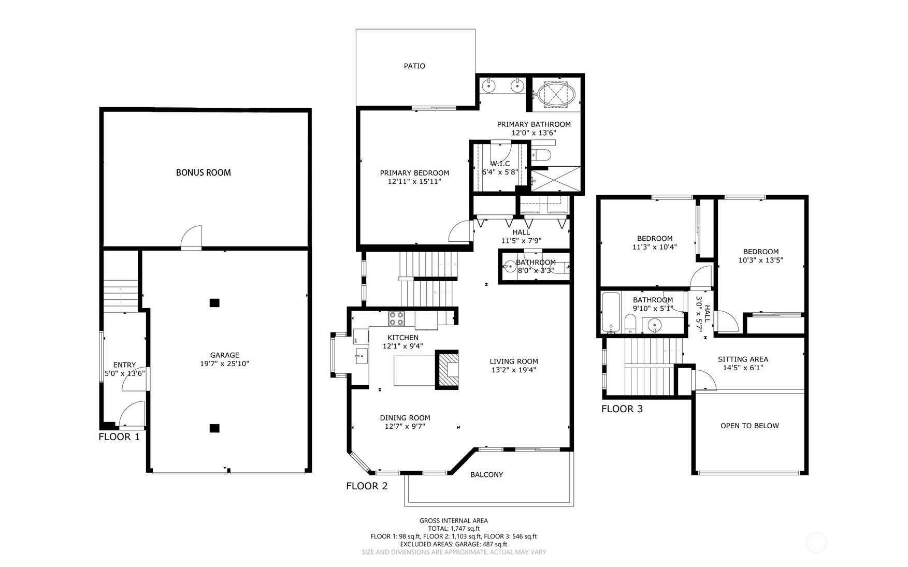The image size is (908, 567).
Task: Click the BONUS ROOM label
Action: point(203,172)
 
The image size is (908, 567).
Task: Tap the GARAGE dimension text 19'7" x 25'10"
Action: point(225,364)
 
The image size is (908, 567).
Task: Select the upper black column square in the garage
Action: point(214,303)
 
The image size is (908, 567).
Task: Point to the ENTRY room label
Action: point(124,365)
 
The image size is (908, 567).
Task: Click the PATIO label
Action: point(414,66)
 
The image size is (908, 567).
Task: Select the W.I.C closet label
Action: point(500,164)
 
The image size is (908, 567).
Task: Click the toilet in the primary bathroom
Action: point(542,155)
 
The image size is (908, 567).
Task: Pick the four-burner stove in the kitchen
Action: point(397,318)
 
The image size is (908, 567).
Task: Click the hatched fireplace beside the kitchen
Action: point(447,370)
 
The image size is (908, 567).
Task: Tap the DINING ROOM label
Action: point(405,418)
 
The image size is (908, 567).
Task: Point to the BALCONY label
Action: point(486,474)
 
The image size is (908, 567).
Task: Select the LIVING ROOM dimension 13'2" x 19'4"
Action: point(514,370)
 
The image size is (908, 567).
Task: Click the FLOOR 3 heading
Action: point(622,409)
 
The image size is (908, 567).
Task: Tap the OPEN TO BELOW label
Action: point(750,426)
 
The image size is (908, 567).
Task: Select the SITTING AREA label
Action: point(743,359)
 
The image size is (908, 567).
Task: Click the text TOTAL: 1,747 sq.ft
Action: point(454,529)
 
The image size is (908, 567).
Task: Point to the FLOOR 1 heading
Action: point(119,437)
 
